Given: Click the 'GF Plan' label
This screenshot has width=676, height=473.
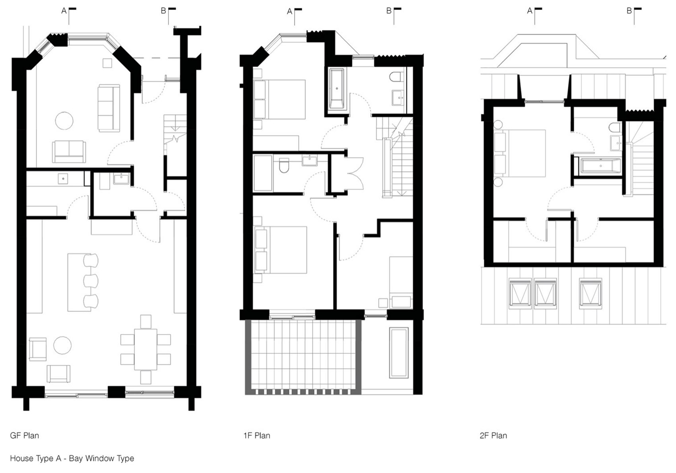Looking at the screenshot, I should pyautogui.click(x=24, y=435).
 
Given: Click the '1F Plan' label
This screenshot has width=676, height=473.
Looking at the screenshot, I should pyautogui.click(x=256, y=436).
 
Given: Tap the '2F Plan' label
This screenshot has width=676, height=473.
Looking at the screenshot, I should pyautogui.click(x=493, y=436).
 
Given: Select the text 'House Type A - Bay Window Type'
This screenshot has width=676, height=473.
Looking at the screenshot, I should pyautogui.click(x=72, y=458).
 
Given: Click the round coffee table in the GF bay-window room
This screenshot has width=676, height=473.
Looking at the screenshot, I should pyautogui.click(x=64, y=120).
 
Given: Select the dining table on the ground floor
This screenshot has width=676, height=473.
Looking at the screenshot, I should pyautogui.click(x=146, y=349).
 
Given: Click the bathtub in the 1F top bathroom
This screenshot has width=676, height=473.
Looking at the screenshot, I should pyautogui.click(x=337, y=89).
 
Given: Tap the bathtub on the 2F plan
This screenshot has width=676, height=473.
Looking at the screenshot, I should pyautogui.click(x=600, y=166).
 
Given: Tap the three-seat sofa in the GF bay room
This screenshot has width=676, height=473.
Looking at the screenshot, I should pyautogui.click(x=109, y=108).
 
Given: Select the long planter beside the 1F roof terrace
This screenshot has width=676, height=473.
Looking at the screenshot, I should pyautogui.click(x=398, y=352).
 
